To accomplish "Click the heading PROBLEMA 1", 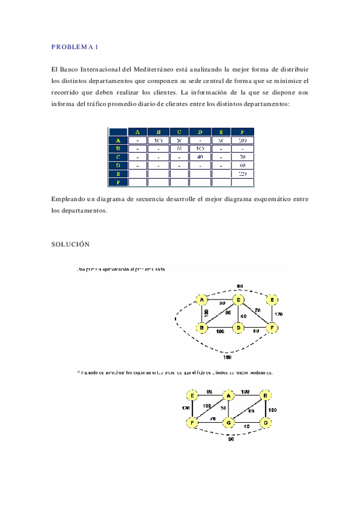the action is (x=74, y=47).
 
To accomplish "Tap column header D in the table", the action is (x=200, y=132).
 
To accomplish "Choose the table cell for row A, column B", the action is (x=158, y=140).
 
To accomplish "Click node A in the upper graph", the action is (x=203, y=300).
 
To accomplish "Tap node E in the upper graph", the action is (x=273, y=300).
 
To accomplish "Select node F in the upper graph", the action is (x=273, y=328).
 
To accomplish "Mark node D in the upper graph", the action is (x=239, y=328).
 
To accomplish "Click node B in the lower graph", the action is (x=266, y=396).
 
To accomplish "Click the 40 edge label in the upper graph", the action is (x=244, y=315).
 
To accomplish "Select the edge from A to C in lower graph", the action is (x=229, y=409).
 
